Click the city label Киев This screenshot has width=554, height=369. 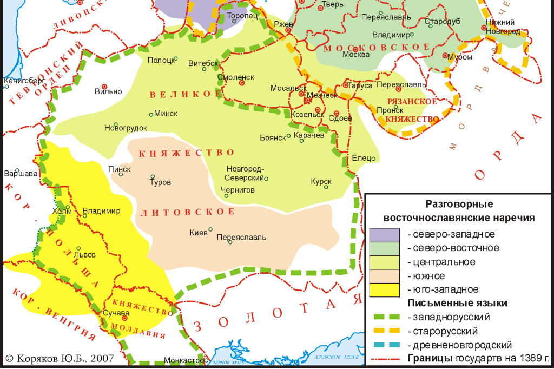tap(199, 233)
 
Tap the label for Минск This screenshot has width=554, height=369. tap(166, 114)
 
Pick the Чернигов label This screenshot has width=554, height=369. tap(238, 190)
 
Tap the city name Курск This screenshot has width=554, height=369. tap(321, 182)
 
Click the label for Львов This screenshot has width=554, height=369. tap(87, 254)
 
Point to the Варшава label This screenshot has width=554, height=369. tap(21, 174)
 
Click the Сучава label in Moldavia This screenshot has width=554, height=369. tap(115, 313)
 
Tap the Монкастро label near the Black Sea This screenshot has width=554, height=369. tap(184, 360)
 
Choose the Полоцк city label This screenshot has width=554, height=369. tap(161, 60)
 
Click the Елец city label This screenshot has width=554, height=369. tap(361, 158)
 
